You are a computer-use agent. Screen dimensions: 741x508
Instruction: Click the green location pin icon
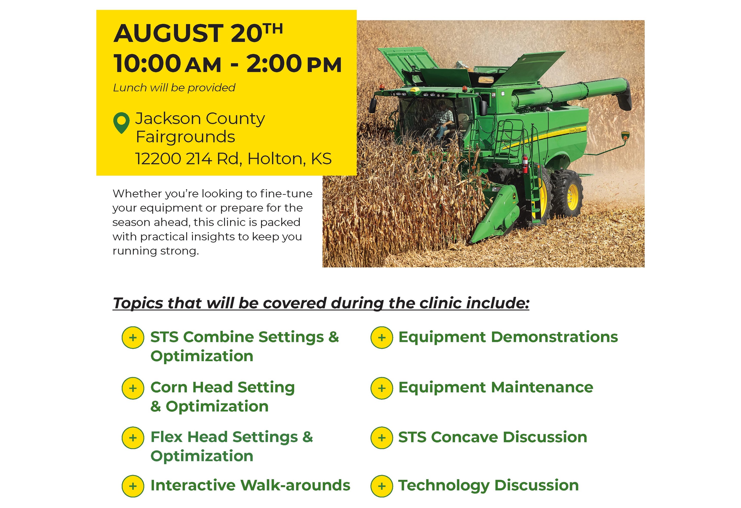[121, 123]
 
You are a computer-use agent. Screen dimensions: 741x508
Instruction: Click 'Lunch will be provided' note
[174, 88]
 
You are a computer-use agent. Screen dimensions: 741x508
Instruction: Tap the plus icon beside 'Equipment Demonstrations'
[382, 337]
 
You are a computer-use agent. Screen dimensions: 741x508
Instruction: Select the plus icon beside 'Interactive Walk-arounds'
[133, 486]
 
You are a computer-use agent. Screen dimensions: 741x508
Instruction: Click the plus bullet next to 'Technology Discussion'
[382, 486]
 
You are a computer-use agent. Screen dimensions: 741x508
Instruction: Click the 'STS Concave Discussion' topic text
[493, 437]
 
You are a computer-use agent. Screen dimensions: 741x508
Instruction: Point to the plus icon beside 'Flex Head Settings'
[133, 438]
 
